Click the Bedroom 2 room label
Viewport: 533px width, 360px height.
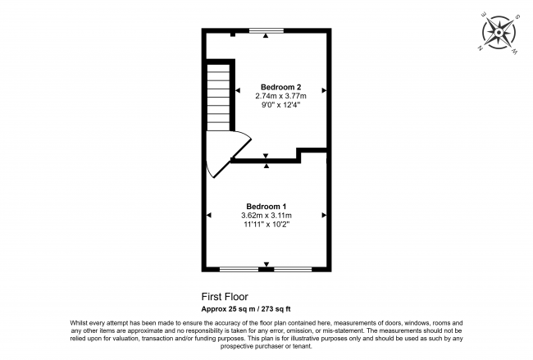pos(280,86)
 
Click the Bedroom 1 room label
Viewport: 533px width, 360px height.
pos(266,206)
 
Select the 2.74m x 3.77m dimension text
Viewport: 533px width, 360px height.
pos(280,95)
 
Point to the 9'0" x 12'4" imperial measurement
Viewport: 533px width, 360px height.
pos(280,105)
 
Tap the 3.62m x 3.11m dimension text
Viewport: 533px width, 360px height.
pos(266,215)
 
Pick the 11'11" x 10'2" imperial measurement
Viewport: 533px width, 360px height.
pos(266,224)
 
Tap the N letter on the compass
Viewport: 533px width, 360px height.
pos(477,48)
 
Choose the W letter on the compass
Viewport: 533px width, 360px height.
pos(513,51)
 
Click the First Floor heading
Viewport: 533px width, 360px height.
pos(225,297)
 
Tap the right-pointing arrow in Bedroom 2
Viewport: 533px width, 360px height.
pos(324,90)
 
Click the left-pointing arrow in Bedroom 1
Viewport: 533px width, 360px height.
pos(209,215)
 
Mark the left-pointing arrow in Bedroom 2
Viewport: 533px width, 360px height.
pos(238,90)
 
